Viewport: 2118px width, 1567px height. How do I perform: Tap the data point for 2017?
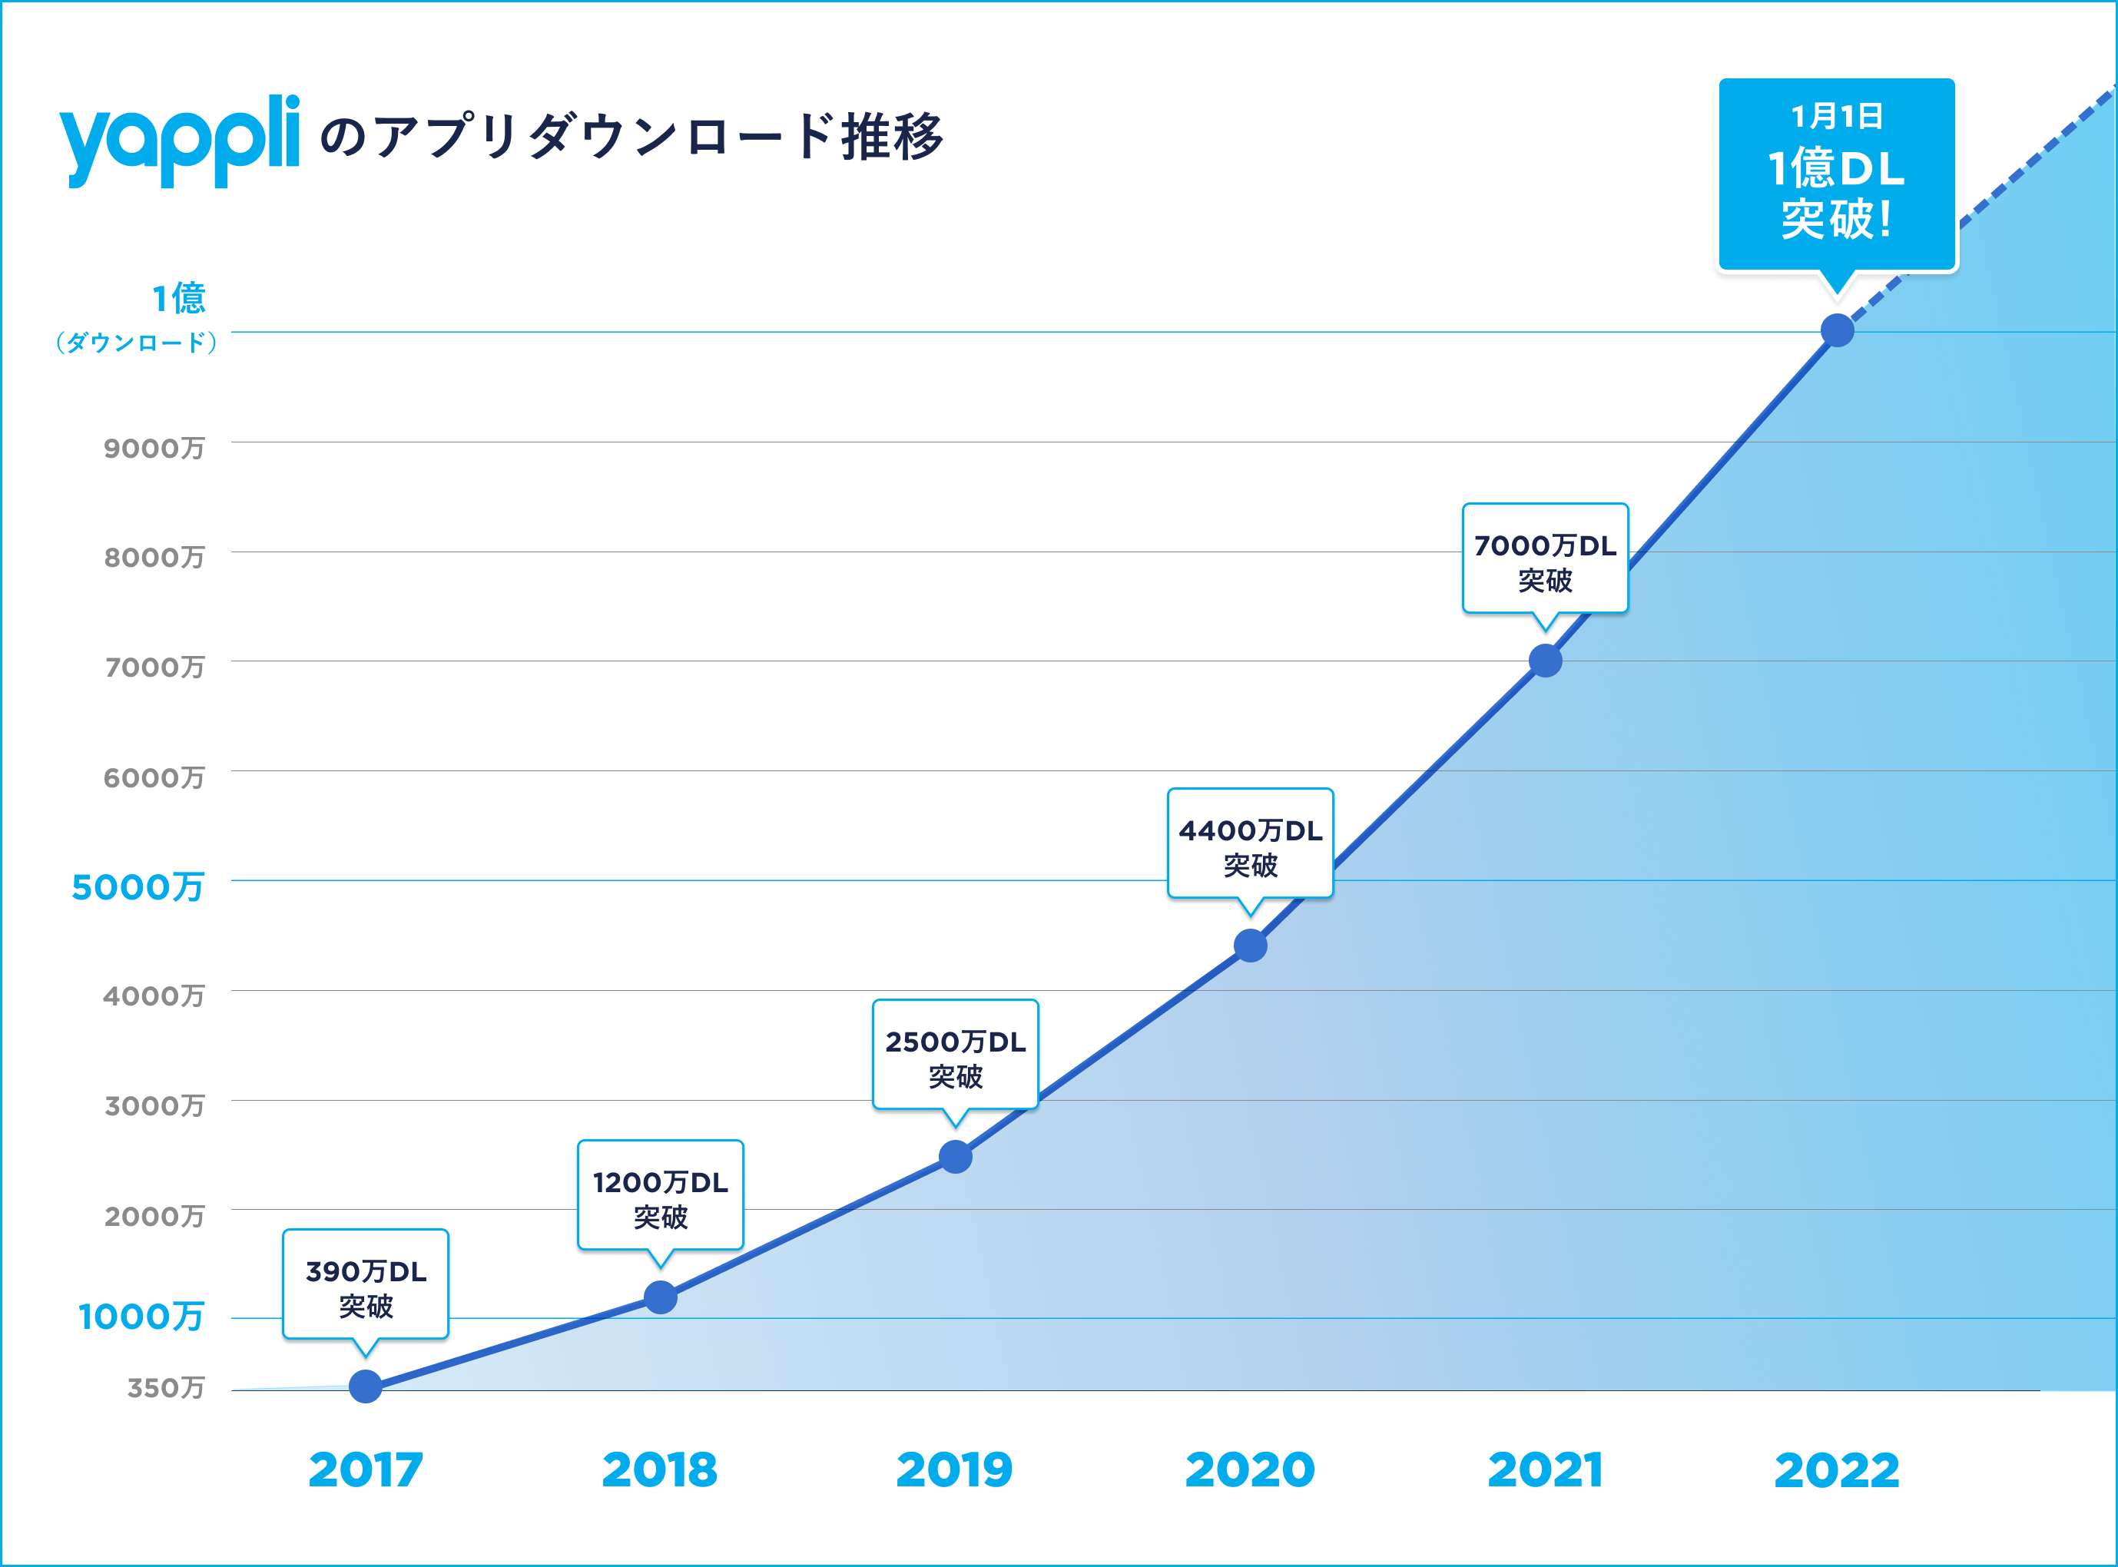(x=365, y=1386)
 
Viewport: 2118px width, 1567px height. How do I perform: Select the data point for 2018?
(x=660, y=1297)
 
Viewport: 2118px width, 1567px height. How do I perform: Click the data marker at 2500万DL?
(x=955, y=1156)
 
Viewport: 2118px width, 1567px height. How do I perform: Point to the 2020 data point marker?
(x=1250, y=945)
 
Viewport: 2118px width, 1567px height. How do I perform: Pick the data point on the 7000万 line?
(x=1545, y=660)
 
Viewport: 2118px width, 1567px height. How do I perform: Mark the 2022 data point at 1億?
(x=1838, y=330)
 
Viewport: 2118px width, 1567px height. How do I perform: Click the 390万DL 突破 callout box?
(x=365, y=1285)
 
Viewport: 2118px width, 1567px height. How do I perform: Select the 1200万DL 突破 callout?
(x=660, y=1196)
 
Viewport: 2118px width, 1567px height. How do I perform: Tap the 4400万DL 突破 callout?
(x=1250, y=844)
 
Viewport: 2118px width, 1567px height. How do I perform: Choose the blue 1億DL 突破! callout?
(x=1838, y=175)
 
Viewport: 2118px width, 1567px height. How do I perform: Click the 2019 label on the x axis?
(x=954, y=1469)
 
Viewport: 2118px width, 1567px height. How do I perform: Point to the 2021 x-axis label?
(x=1545, y=1469)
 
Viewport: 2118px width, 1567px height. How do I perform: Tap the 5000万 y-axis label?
(x=138, y=887)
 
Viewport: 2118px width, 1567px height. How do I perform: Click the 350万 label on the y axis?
(x=166, y=1388)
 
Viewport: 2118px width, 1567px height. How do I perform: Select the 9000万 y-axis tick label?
(x=154, y=448)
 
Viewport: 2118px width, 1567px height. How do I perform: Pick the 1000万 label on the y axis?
(x=141, y=1316)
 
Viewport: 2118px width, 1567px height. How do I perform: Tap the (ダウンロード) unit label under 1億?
(x=137, y=343)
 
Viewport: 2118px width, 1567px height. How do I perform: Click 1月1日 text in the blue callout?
(x=1838, y=116)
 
